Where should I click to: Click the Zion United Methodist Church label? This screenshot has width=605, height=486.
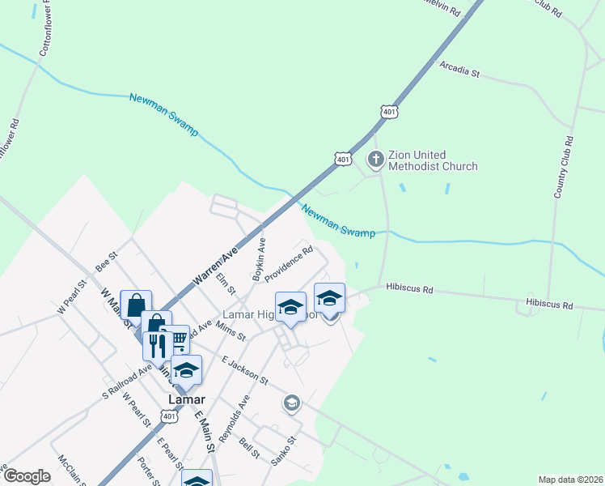[433, 160]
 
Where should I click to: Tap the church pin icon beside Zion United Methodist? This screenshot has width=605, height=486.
[375, 160]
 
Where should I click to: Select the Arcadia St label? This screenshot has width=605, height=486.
[459, 71]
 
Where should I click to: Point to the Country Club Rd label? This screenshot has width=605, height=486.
[564, 168]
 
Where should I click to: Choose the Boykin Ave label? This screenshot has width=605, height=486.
[259, 260]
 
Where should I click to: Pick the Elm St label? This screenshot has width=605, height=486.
[226, 284]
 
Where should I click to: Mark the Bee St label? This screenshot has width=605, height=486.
[107, 261]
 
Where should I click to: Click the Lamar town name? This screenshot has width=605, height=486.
[185, 399]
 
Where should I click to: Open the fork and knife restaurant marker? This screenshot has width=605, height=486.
[157, 346]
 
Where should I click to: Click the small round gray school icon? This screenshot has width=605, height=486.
[291, 403]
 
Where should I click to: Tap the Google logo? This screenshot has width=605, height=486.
[27, 476]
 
